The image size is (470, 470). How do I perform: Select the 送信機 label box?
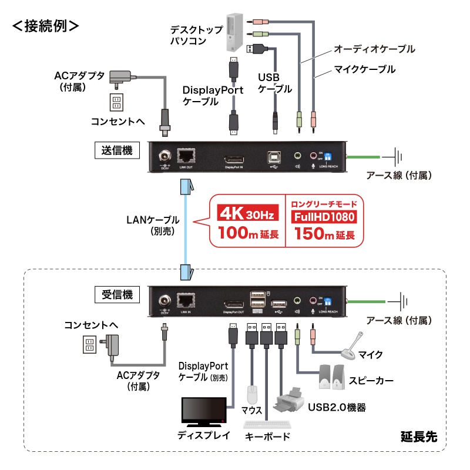(x=117, y=150)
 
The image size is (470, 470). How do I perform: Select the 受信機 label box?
(x=117, y=293)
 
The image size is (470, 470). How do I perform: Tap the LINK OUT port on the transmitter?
(x=186, y=156)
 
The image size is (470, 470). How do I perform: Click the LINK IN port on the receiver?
(x=186, y=299)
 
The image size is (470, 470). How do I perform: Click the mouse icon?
(x=253, y=394)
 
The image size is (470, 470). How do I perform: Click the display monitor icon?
(x=203, y=412)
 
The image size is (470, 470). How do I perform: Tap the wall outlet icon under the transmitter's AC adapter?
(x=116, y=102)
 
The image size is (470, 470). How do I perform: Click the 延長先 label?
(x=419, y=437)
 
